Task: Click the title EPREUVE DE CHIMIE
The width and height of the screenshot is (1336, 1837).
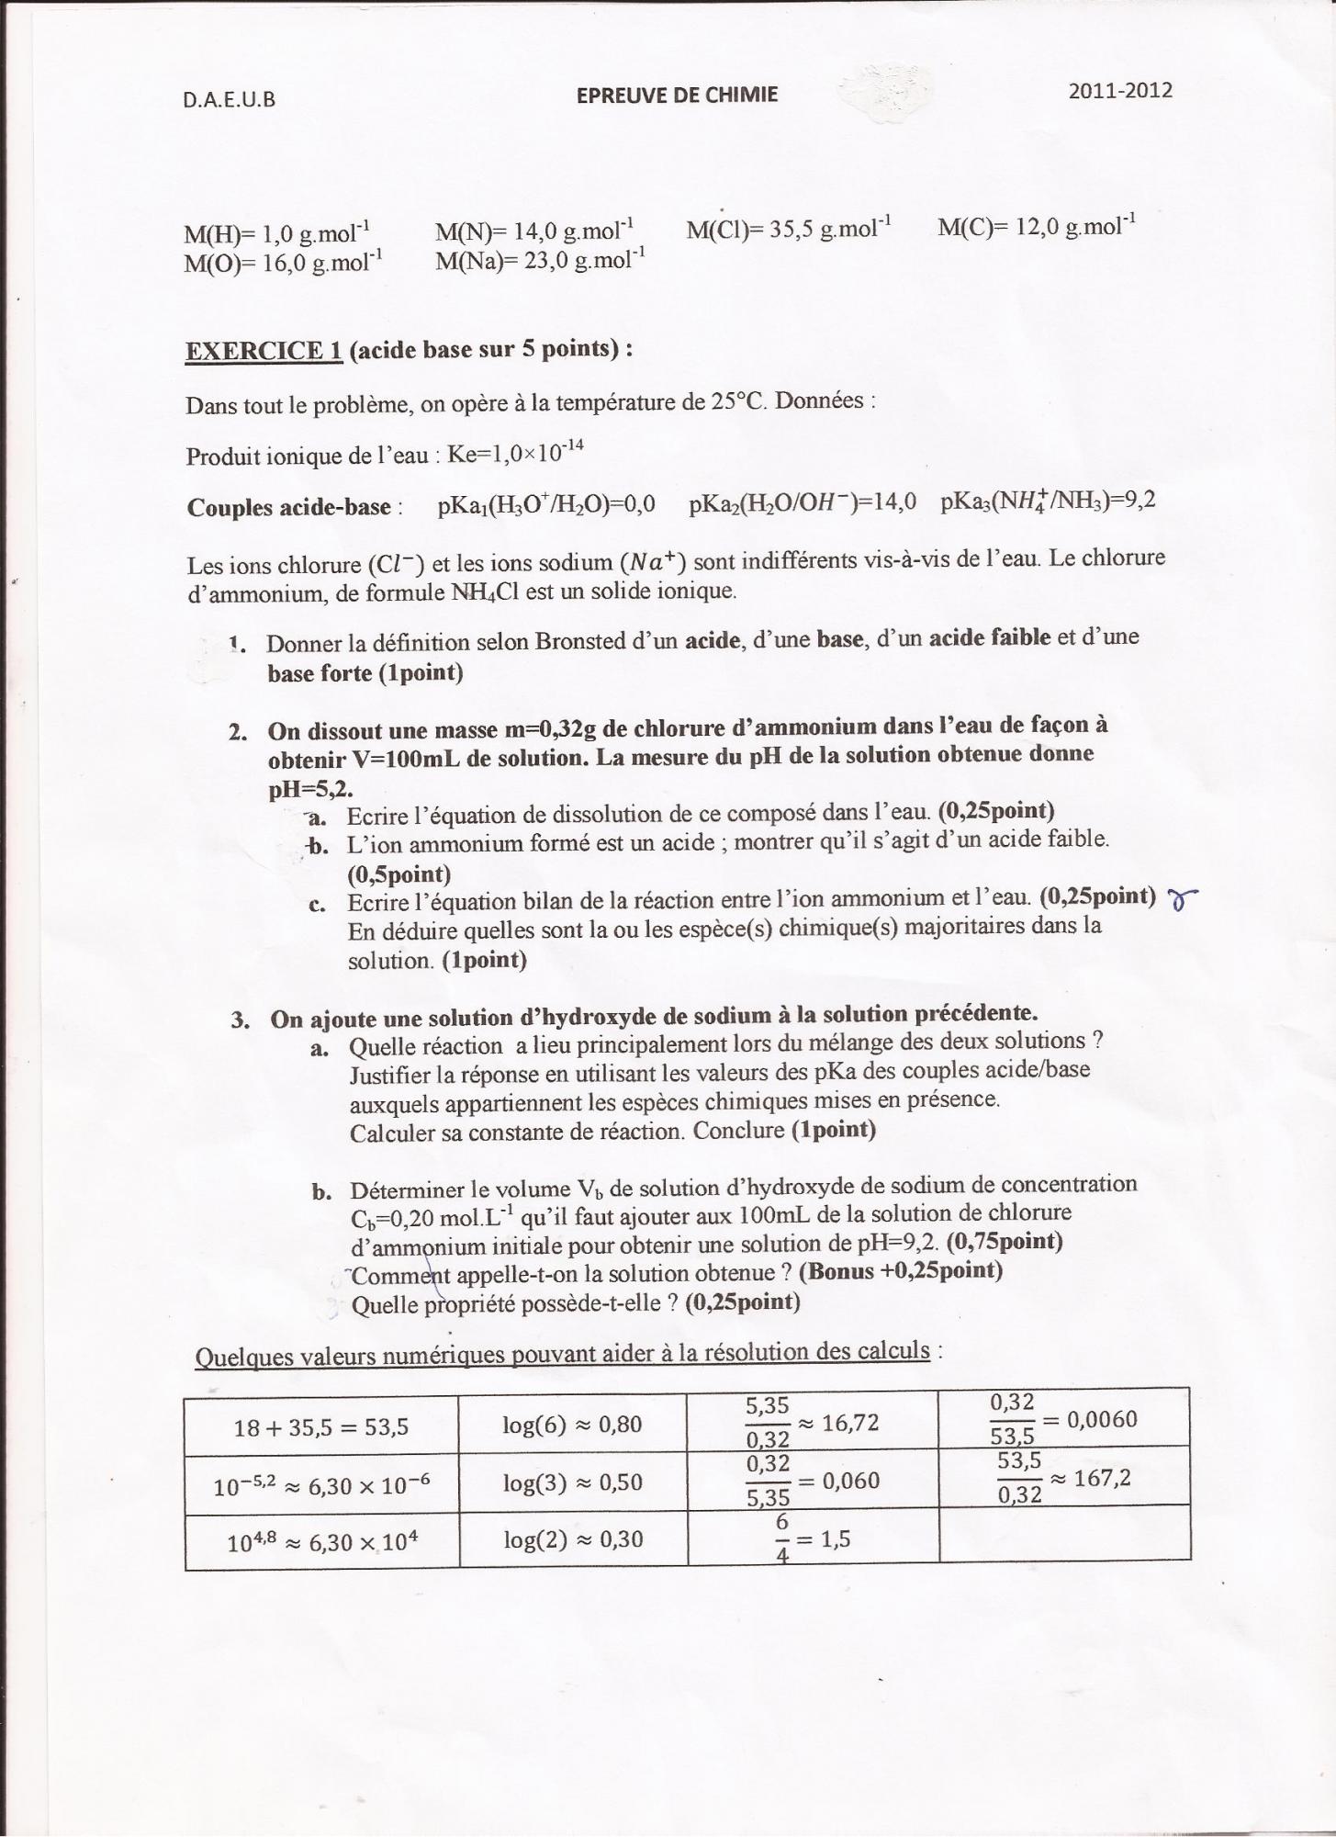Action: pos(677,95)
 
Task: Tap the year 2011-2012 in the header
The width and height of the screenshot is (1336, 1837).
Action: pos(1120,90)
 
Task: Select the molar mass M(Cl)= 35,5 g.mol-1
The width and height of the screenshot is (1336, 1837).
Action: pos(789,228)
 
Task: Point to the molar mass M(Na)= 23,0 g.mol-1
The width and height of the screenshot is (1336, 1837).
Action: pos(540,260)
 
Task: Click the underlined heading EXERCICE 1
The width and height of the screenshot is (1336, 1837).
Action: pos(264,351)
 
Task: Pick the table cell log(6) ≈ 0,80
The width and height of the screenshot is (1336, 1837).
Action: pos(572,1425)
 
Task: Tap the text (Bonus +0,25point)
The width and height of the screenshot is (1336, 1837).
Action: pos(901,1271)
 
